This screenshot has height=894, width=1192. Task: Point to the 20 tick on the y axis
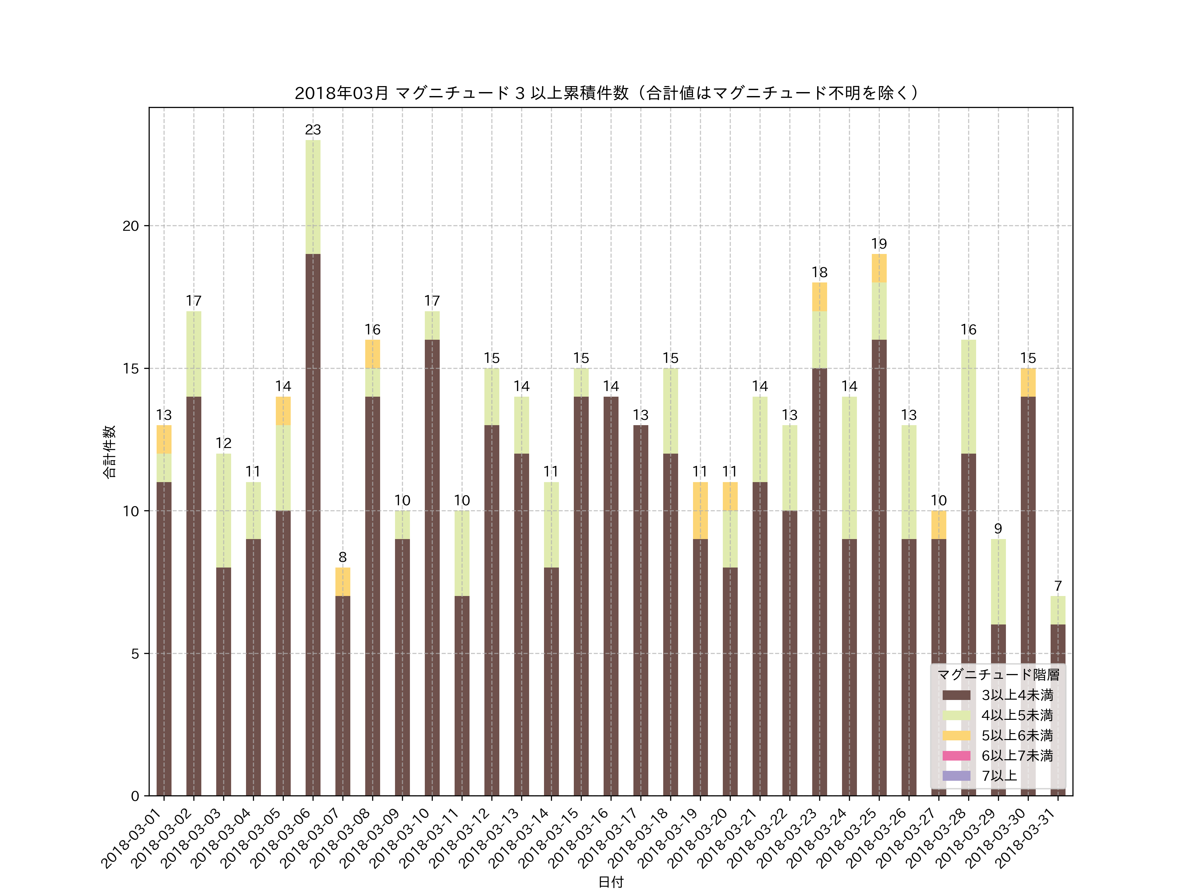click(x=130, y=226)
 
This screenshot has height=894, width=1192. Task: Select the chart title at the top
click(x=606, y=93)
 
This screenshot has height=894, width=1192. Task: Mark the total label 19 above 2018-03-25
click(x=878, y=244)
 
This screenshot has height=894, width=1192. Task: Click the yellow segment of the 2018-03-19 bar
click(x=700, y=510)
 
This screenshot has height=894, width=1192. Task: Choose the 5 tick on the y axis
click(x=135, y=654)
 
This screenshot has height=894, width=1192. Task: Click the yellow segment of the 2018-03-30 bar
click(x=1028, y=383)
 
